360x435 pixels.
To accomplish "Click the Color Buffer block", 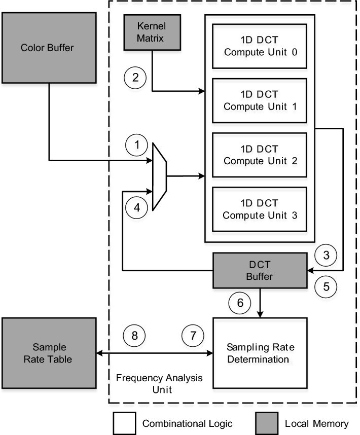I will tap(49, 48).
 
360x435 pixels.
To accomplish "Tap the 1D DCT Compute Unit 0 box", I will tap(259, 46).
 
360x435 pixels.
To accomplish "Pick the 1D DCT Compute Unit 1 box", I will tap(259, 100).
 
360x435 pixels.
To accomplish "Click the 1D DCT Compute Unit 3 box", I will tap(259, 209).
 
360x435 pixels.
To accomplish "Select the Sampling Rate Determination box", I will tap(261, 353).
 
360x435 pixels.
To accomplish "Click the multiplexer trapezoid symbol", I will tap(160, 176).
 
